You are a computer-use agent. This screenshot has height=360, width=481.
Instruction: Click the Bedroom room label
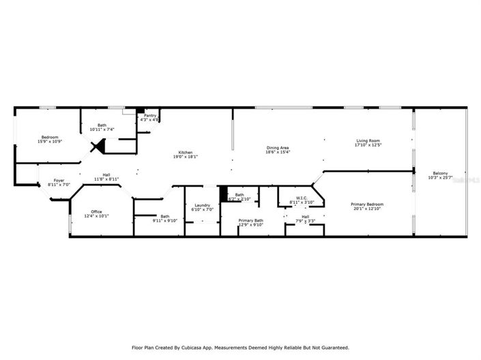coord(50,138)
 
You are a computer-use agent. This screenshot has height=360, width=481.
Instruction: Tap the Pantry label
coord(149,116)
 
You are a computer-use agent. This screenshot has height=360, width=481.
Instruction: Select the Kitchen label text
coord(186,152)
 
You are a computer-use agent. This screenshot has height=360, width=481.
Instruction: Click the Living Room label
coord(367,141)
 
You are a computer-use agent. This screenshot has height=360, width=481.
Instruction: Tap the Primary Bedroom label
coord(367,205)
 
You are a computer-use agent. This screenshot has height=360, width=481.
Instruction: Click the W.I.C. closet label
coord(302,198)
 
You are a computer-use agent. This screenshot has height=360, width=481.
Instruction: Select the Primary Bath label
coord(250,220)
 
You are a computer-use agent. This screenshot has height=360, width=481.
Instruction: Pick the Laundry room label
coord(202,205)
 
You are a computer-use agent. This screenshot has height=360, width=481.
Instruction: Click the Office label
coord(96,211)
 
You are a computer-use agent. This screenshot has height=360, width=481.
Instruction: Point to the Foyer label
coord(59,181)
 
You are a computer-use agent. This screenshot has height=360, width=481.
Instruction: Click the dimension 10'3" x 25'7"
coord(441,178)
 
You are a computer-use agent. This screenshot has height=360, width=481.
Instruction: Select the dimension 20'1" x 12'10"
coord(368,209)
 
